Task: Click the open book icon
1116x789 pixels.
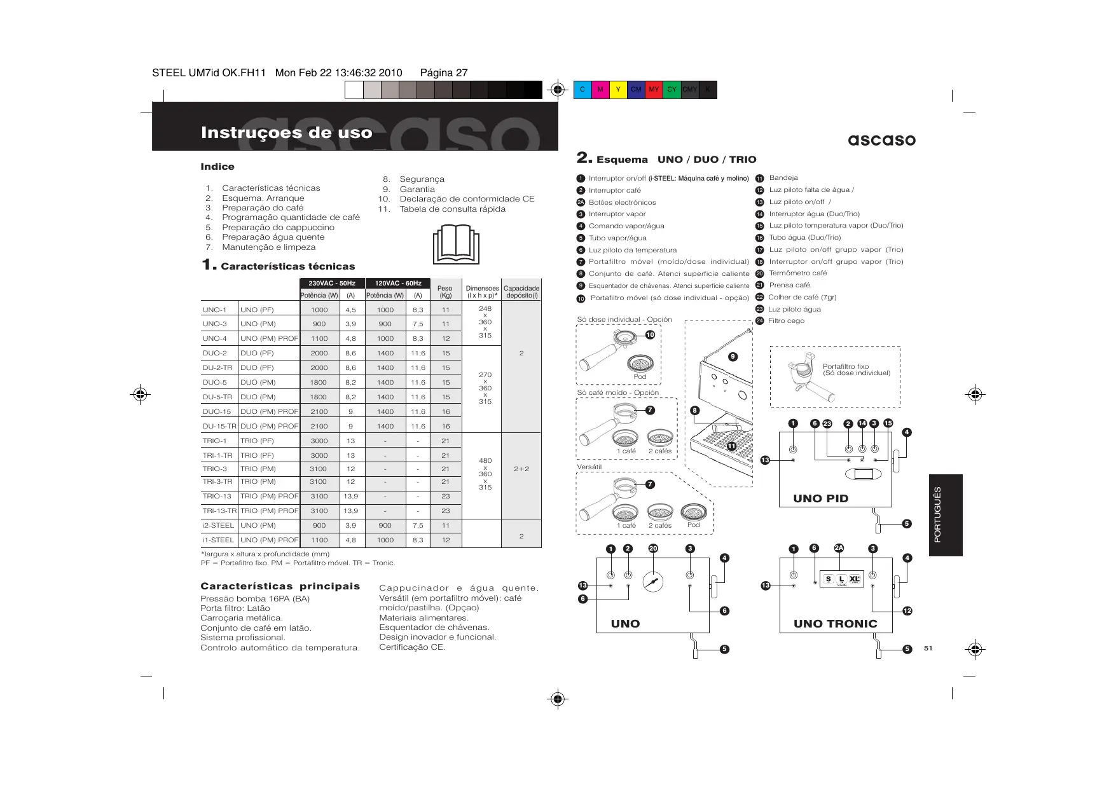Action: tap(455, 244)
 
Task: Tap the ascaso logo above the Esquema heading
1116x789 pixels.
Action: tap(881, 141)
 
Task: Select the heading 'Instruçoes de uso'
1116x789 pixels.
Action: tap(286, 133)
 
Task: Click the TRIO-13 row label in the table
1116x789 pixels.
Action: tap(217, 497)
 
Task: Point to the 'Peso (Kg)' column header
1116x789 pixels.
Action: tap(445, 292)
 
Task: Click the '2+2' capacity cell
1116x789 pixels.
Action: tap(521, 469)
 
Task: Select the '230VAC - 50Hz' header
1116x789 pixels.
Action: tap(332, 283)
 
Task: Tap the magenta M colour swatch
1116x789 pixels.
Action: tap(600, 90)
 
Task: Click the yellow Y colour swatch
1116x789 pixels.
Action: tap(617, 90)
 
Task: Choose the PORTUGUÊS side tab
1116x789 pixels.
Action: tap(945, 515)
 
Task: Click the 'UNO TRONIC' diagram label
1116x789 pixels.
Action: tap(835, 624)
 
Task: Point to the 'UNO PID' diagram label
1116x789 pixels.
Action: tap(820, 498)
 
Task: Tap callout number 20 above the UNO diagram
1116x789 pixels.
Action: tap(653, 549)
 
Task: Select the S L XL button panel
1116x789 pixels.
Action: tap(841, 579)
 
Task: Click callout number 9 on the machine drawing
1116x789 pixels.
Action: tap(733, 357)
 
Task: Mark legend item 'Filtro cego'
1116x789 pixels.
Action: tap(786, 321)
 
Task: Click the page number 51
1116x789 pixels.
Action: tap(928, 648)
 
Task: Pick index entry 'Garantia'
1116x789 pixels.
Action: tap(417, 189)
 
